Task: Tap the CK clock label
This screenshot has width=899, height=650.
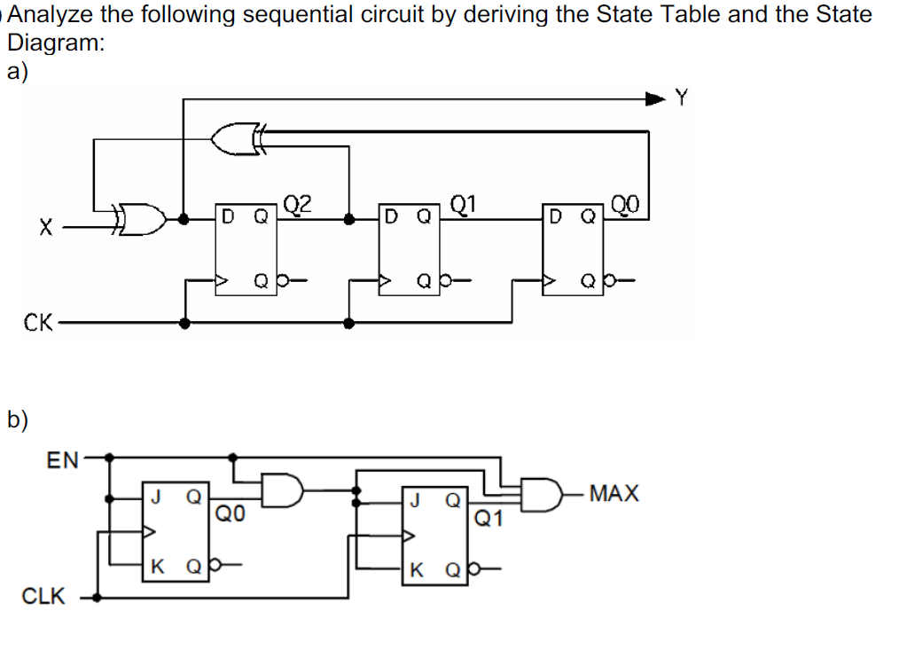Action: (39, 322)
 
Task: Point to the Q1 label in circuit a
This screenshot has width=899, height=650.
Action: (464, 204)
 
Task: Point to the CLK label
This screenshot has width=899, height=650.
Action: (43, 597)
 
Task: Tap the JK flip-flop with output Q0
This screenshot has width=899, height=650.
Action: (176, 530)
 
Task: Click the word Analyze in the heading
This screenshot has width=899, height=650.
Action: (55, 15)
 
